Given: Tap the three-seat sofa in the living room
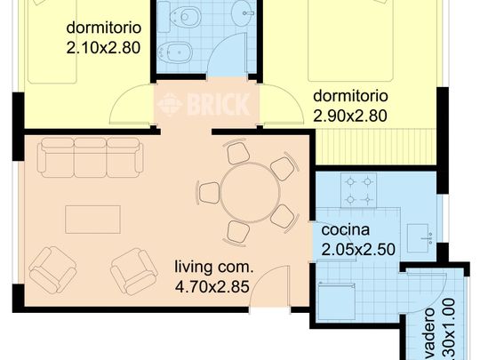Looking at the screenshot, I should (x=91, y=156).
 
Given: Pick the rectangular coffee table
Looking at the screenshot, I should (x=92, y=219).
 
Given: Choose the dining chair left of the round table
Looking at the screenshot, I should (x=210, y=192).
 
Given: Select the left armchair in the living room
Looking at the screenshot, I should (x=52, y=268).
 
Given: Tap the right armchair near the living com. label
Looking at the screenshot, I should (x=134, y=270).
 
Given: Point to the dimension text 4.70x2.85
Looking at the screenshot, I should (x=212, y=286).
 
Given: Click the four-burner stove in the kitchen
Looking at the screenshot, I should (x=359, y=188).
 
